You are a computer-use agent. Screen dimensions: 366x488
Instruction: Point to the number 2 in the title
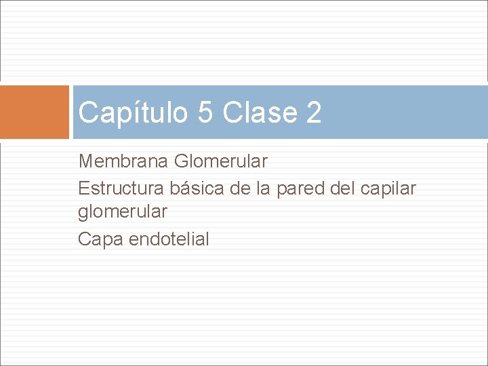(x=313, y=113)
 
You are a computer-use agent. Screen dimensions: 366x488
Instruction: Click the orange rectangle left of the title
(x=35, y=112)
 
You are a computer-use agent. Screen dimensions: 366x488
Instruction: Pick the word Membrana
(x=124, y=161)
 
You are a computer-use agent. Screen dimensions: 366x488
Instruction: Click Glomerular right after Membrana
(x=221, y=161)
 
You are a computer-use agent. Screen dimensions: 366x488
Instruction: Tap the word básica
(x=194, y=187)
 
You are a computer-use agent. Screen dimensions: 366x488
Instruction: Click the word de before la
(x=241, y=187)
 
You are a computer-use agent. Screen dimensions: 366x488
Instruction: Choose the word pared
(x=301, y=188)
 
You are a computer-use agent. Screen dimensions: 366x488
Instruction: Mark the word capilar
(x=390, y=188)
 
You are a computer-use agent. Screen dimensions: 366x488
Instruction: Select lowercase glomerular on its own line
(x=123, y=213)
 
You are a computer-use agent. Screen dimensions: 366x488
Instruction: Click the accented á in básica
(x=180, y=187)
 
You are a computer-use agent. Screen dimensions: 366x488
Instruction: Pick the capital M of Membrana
(x=86, y=161)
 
